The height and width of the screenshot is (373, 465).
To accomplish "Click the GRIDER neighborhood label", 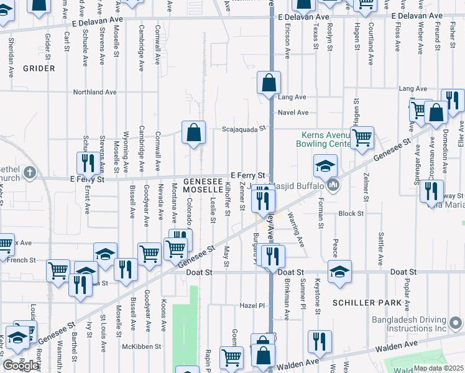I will [39, 68].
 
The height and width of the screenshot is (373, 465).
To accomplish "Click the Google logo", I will [20, 365].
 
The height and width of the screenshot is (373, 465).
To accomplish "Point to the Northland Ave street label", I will [95, 92].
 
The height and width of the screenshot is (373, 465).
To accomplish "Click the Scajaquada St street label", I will [244, 130].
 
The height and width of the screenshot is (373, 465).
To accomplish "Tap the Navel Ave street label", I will [293, 113].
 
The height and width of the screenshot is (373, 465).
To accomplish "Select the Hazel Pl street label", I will [252, 306].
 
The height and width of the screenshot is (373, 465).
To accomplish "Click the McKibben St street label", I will [142, 346].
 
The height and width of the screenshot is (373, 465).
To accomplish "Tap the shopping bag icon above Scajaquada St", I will [193, 132].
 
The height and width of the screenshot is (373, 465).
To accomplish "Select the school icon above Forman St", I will [325, 166].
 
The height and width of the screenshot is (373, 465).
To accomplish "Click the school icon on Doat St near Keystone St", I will [339, 272].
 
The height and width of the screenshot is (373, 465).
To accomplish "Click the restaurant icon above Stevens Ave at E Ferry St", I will [86, 163].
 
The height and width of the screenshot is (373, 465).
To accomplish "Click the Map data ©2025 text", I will [438, 368].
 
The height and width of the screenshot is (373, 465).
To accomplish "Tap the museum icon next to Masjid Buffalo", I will [334, 185].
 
